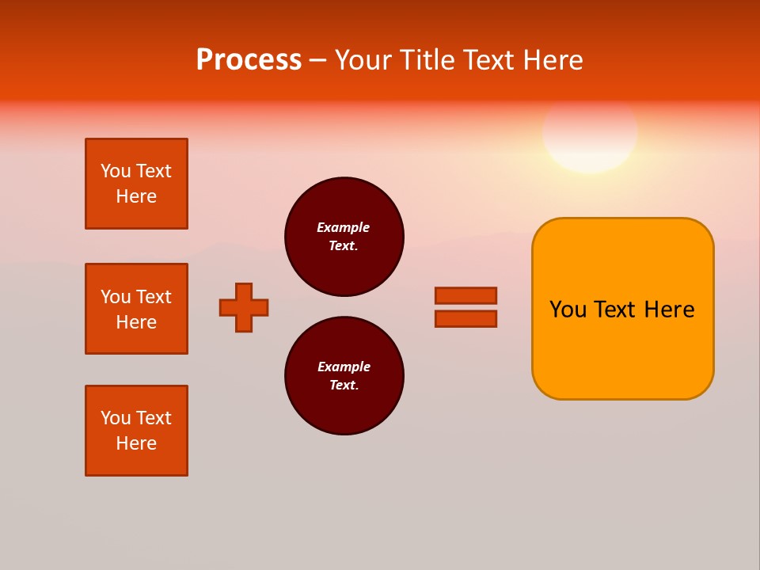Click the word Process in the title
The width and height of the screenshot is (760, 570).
[249, 60]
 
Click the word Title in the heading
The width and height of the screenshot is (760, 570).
[425, 60]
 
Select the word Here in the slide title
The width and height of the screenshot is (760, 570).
[552, 60]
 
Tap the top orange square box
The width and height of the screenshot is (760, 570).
[136, 184]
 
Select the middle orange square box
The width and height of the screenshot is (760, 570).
[136, 309]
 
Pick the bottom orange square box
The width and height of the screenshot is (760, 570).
[136, 431]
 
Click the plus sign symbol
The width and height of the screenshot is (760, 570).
[244, 307]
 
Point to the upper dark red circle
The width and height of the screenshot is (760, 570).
[344, 237]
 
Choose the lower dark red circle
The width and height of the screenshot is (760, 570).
[344, 376]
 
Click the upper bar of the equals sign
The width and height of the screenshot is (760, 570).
[465, 295]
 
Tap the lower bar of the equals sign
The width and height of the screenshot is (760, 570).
[465, 319]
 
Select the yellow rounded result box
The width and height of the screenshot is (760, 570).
[622, 309]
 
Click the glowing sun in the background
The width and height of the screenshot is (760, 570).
[590, 133]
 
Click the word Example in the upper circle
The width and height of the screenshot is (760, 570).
[344, 227]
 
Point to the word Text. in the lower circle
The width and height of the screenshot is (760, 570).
[344, 386]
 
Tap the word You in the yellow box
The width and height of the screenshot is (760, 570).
[568, 310]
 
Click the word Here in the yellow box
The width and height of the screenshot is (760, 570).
[669, 310]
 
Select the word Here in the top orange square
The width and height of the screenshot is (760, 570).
[136, 196]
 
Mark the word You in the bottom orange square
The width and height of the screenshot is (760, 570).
[116, 418]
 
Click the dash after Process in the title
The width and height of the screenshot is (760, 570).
[317, 60]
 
